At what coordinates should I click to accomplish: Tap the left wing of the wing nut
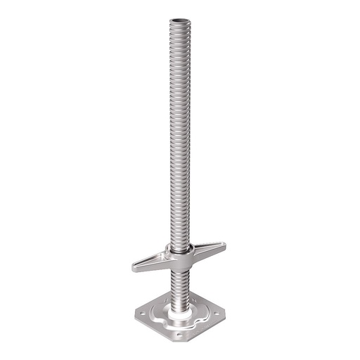tap(150, 262)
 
